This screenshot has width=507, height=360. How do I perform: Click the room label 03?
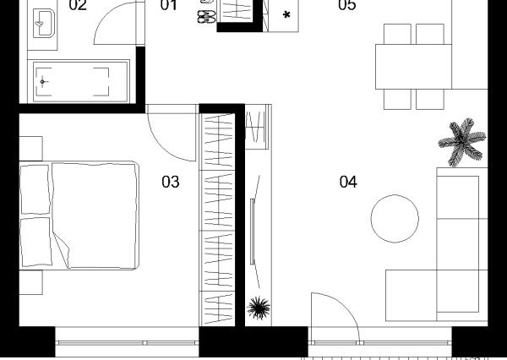click(x=171, y=182)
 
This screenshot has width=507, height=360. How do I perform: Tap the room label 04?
click(x=348, y=182)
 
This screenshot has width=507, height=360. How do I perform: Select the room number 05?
click(x=347, y=5)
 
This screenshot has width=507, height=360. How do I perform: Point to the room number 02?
click(x=78, y=5)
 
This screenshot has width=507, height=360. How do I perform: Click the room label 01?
click(x=169, y=5)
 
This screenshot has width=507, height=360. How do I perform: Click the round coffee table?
click(x=395, y=219)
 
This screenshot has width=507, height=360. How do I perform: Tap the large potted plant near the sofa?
click(x=461, y=142)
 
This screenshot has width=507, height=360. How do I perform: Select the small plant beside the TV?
click(x=259, y=308)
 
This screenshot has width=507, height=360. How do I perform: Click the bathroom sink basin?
click(x=44, y=24)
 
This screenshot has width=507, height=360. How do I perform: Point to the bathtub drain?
click(x=42, y=81)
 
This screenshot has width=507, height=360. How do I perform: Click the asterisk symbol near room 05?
click(x=286, y=15)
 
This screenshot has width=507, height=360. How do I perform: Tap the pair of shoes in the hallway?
click(x=206, y=17)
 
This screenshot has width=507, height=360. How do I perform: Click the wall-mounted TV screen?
click(x=253, y=232)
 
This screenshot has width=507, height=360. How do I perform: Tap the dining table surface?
click(x=413, y=67)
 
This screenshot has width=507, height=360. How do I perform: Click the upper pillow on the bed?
click(x=35, y=189)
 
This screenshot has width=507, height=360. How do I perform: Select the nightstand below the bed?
click(x=30, y=282)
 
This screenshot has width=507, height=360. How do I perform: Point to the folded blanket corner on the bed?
click(x=63, y=249)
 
